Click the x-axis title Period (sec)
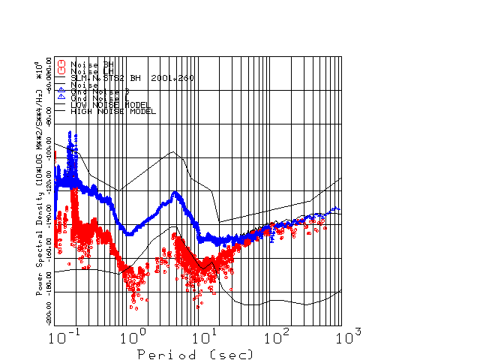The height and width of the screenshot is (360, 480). pos(194,353)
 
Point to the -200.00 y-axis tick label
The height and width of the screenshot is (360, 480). pos(49,308)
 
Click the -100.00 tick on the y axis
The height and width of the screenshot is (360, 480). pos(49,144)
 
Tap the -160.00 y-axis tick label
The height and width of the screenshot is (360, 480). pos(49,244)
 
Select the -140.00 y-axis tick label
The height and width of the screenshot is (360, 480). pos(49,211)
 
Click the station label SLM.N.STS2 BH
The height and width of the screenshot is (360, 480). pos(106,77)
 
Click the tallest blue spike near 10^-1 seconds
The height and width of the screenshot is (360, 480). pos(70,133)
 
